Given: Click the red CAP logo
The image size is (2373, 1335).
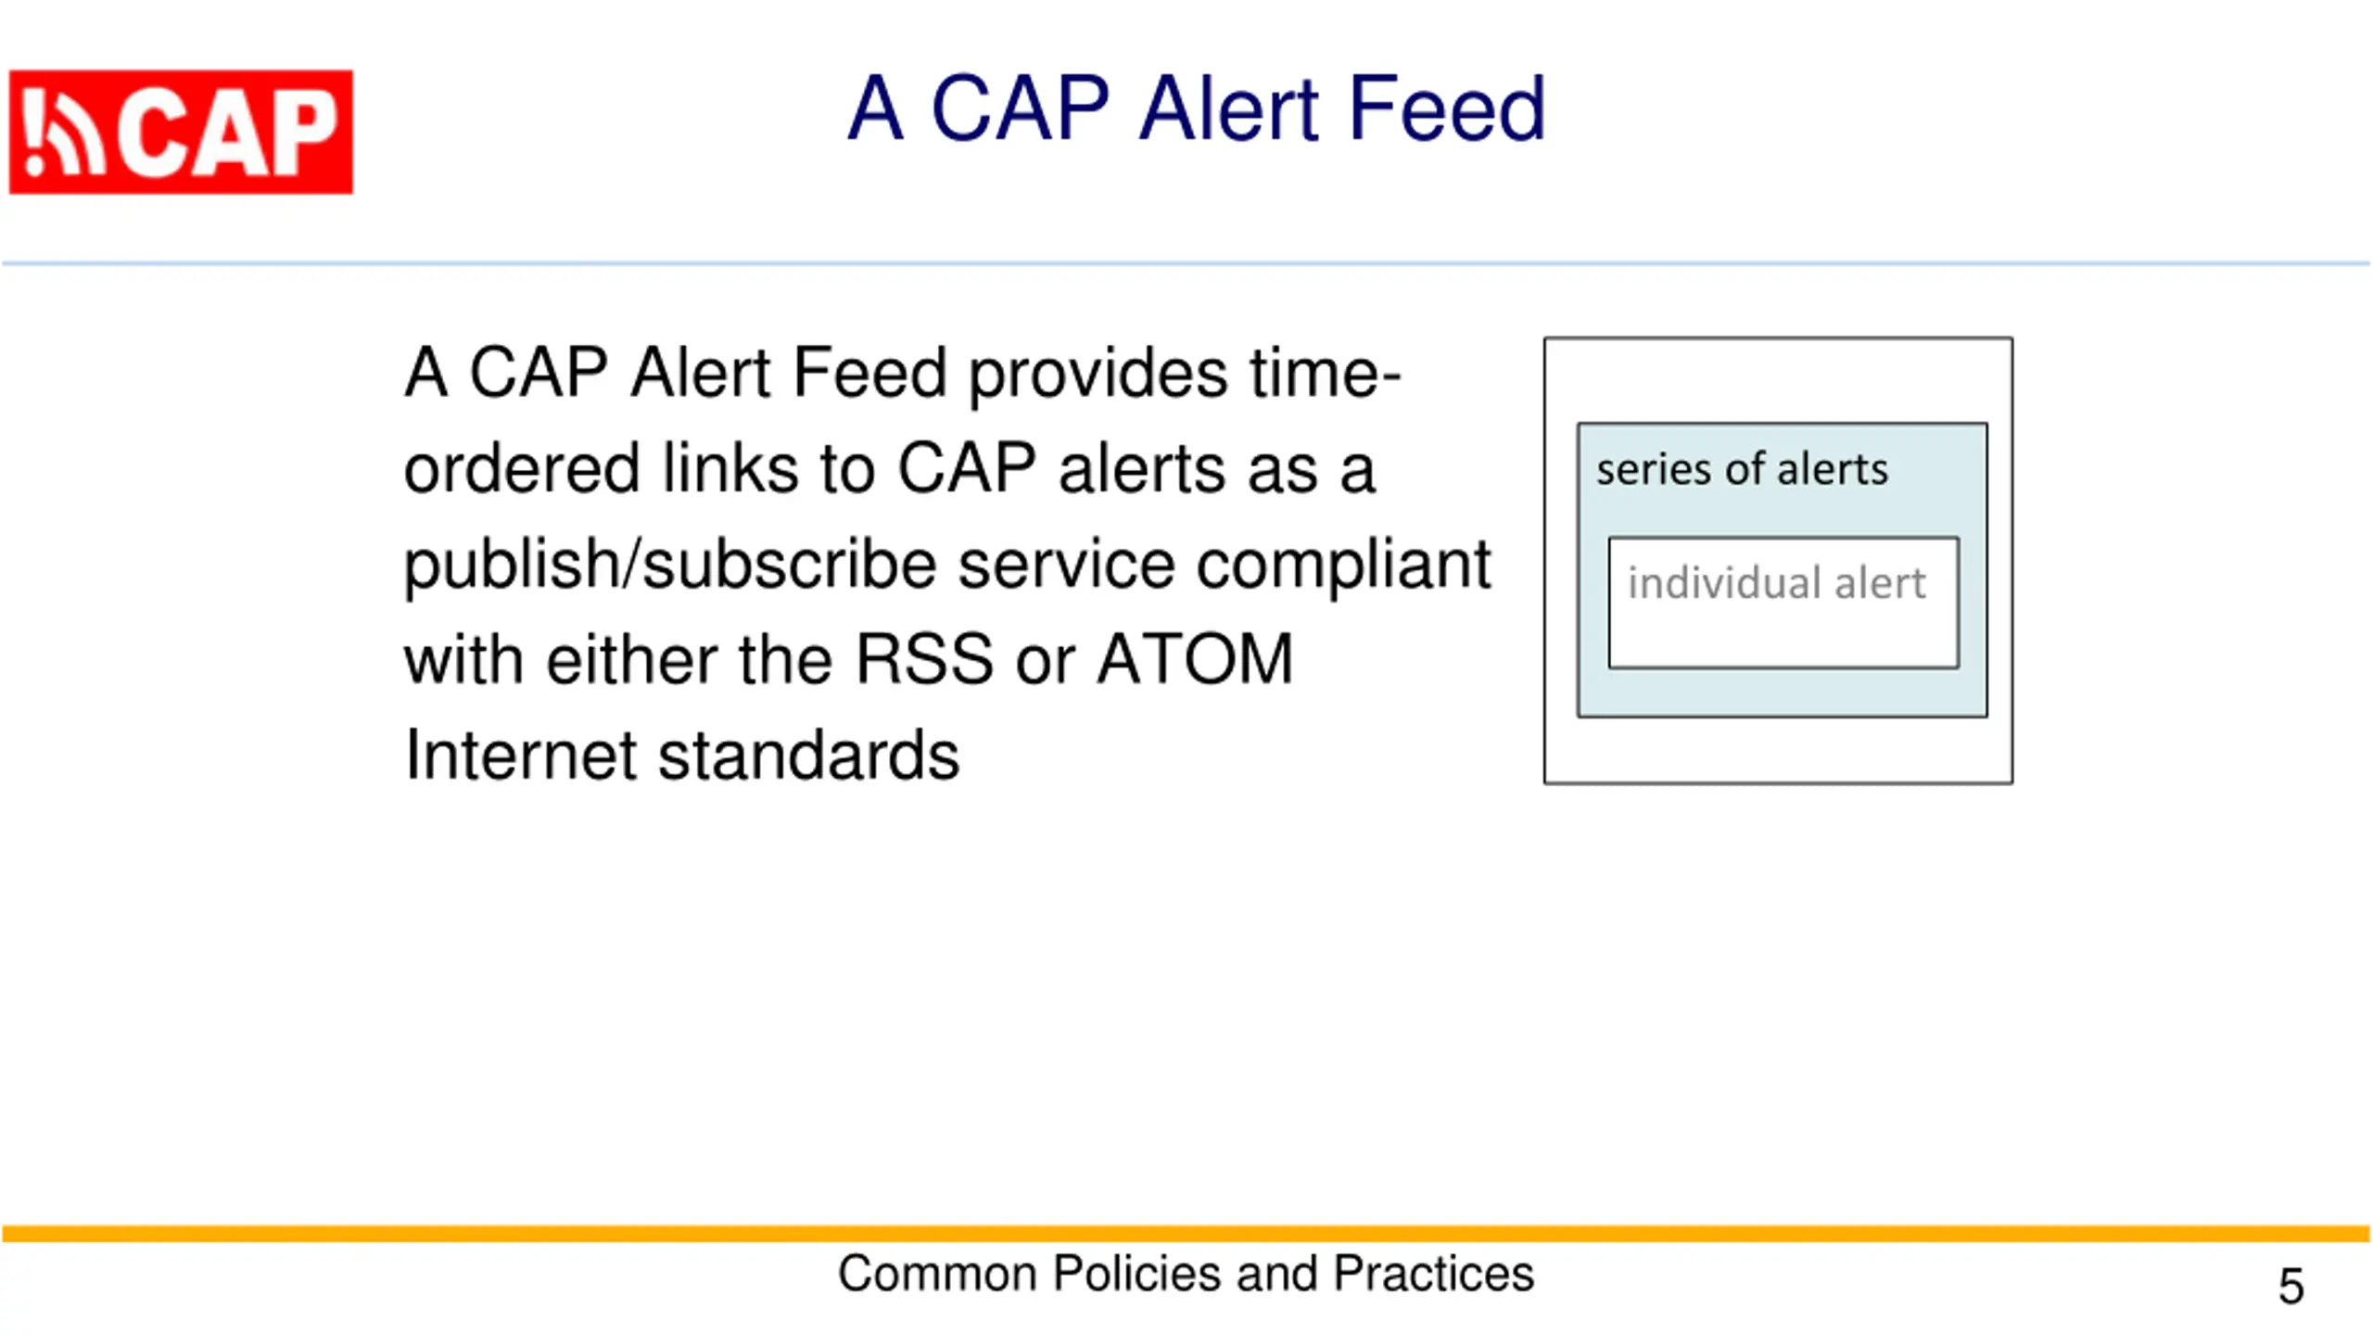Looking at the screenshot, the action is (181, 132).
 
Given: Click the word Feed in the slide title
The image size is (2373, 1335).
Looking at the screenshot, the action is (1447, 109).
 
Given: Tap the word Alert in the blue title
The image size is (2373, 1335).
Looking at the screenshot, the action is (1228, 109).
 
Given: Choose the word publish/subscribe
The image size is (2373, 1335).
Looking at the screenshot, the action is (669, 565).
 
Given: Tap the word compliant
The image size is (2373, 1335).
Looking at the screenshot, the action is (1343, 565).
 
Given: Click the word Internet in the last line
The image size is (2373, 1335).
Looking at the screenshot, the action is (520, 756).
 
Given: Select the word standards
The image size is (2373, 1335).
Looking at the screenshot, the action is (808, 756).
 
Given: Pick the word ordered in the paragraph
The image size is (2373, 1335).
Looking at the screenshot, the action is (522, 468).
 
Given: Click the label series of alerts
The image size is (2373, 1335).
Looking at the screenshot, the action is (1742, 469).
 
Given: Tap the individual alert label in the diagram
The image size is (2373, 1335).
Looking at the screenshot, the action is (1776, 584).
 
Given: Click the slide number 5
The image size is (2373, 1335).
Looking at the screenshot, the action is (2291, 1286).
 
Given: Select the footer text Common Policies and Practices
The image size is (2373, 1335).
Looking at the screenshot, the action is (1186, 1274).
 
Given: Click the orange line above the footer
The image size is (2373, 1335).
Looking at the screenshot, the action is (1186, 1234).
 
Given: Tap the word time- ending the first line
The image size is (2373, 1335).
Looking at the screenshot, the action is (1325, 373).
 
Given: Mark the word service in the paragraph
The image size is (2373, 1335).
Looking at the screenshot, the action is (1066, 565).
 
